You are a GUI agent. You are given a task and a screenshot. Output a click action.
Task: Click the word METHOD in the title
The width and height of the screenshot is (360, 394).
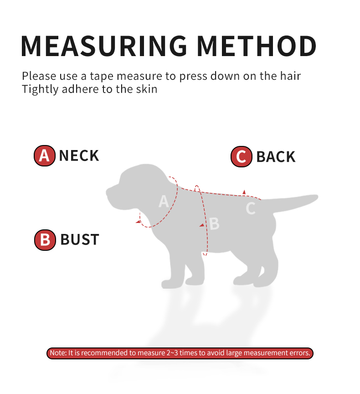pos(256,46)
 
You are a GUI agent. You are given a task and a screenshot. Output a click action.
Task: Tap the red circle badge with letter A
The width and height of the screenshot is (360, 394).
pos(45,156)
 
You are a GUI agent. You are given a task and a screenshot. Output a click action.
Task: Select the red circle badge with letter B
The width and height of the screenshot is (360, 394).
pos(45,240)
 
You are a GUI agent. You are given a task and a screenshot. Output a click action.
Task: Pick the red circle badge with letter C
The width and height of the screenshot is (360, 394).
pos(241,156)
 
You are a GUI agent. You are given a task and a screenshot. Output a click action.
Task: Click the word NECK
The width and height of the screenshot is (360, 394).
pos(79,156)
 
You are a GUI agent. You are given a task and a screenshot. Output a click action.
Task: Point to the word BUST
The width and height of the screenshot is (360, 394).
pos(80,239)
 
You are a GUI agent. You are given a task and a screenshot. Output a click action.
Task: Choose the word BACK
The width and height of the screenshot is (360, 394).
pos(276,157)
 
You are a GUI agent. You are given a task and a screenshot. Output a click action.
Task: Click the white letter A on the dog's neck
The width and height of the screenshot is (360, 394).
pos(164,201)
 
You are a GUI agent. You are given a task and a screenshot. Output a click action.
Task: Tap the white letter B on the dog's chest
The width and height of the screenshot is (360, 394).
pos(214,223)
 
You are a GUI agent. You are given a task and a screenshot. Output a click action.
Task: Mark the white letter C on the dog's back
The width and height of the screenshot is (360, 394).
pos(251,208)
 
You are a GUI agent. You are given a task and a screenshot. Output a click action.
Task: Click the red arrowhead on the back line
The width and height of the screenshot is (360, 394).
pos(244,192)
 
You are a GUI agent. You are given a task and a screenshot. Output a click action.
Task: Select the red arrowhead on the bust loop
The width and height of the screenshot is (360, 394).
pos(202,225)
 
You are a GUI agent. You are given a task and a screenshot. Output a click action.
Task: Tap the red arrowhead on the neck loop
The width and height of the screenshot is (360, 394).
pos(138,221)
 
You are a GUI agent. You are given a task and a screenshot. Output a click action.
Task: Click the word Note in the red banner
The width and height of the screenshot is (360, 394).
pos(58,353)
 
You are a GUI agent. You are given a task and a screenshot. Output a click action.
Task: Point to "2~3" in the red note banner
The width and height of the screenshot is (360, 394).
pos(172,353)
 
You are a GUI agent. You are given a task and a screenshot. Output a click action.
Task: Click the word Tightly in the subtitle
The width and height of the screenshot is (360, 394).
pos(40,89)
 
